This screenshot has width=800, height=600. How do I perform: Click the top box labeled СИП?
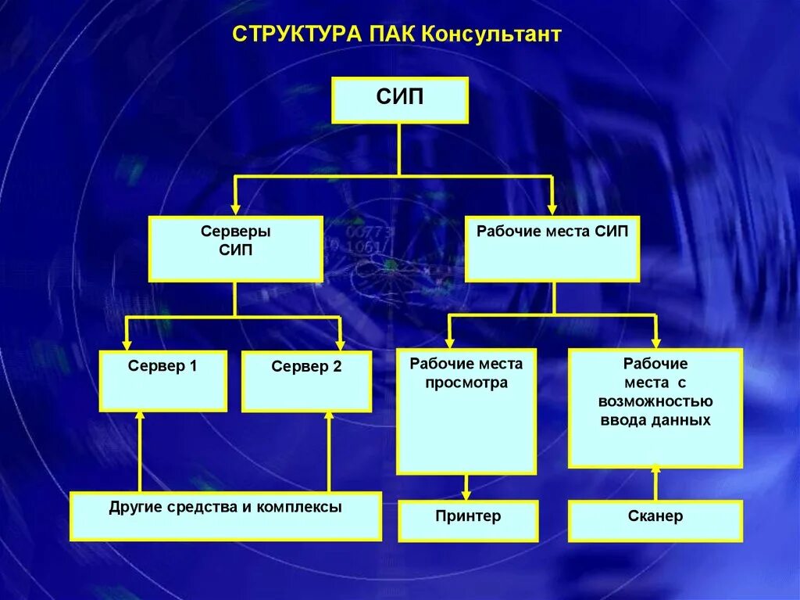click(x=399, y=100)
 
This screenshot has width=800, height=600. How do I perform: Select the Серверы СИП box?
click(x=236, y=249)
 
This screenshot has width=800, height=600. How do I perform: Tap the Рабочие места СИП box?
click(x=552, y=249)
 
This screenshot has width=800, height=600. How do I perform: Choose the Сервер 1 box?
click(x=162, y=381)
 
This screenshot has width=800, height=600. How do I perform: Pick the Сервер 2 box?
click(x=306, y=381)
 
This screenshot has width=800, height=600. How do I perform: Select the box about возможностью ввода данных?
click(x=655, y=408)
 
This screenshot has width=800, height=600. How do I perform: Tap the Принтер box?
click(x=468, y=521)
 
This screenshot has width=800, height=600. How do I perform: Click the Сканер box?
click(x=655, y=521)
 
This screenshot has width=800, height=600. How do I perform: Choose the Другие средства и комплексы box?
click(x=226, y=516)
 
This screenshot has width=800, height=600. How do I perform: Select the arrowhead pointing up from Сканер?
click(x=655, y=469)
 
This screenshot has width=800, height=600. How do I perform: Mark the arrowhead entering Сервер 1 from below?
click(x=140, y=417)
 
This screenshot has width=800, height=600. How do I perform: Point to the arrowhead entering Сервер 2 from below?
click(x=328, y=417)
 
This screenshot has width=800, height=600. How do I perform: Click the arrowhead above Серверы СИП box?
click(x=235, y=209)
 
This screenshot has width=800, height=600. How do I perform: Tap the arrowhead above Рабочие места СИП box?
click(x=552, y=209)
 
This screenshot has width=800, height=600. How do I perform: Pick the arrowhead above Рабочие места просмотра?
click(x=449, y=343)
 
